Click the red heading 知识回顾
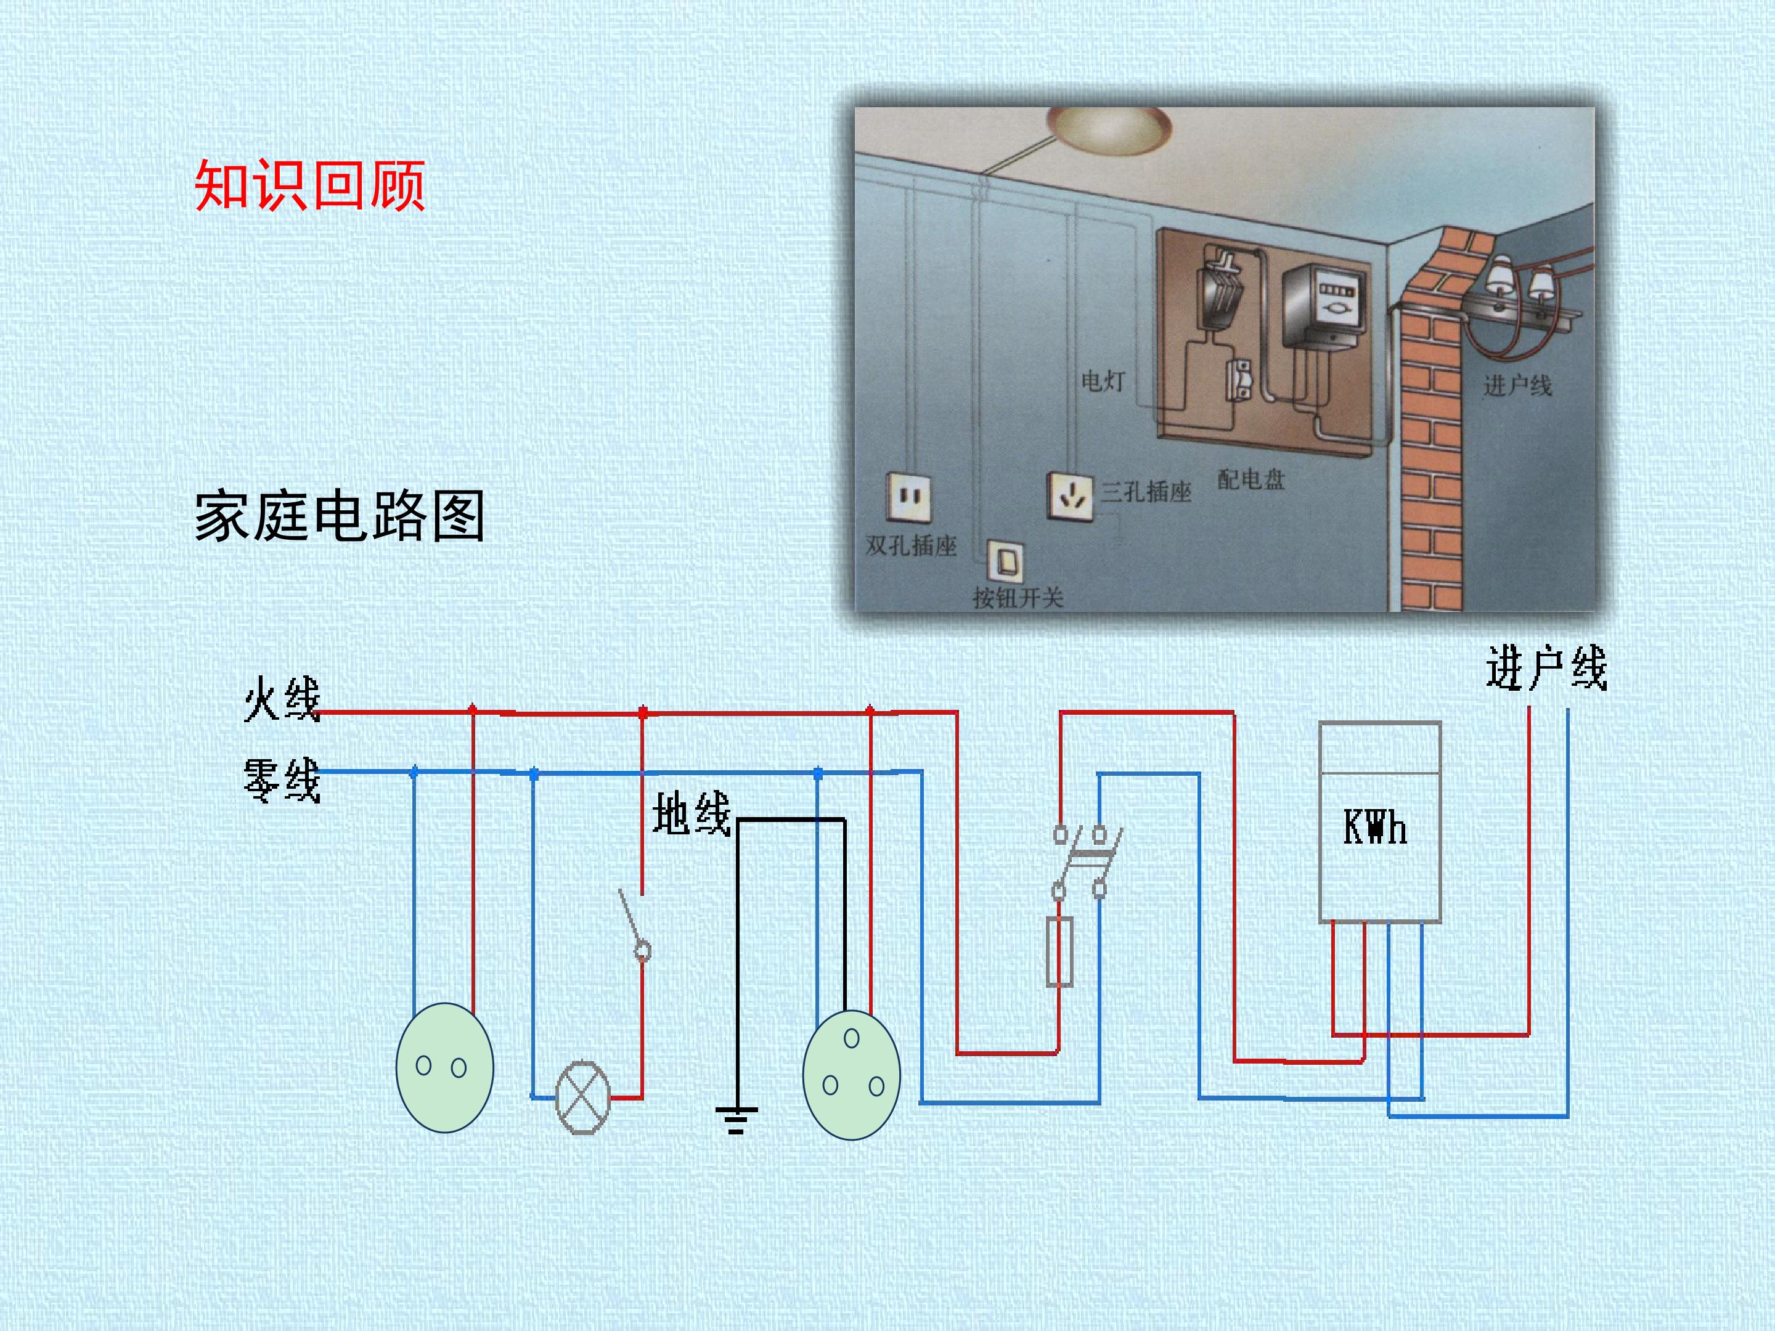coord(310,185)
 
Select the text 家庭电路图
coord(340,516)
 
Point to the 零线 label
coord(282,780)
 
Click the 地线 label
coord(692,813)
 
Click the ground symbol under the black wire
coord(737,1120)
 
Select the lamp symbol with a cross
coord(584,1097)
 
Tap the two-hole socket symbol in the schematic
coord(444,1068)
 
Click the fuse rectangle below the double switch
coord(1060,952)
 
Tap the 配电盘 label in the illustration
coord(1251,480)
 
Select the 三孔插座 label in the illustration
coord(1146,491)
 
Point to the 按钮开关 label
coord(1018,597)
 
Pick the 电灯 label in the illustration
coord(1103,380)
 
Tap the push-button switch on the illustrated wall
coord(1005,561)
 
